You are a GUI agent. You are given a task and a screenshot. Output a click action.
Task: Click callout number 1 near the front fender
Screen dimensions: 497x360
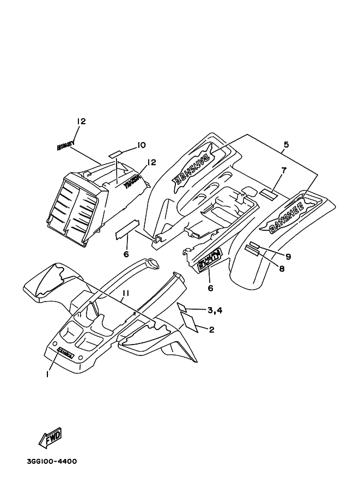tap(48, 374)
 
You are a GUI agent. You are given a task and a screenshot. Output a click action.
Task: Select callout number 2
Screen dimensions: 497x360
tap(212, 329)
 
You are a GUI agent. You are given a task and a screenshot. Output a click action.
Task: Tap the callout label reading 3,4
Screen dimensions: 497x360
tap(215, 310)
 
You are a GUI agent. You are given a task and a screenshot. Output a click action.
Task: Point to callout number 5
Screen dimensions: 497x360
tap(286, 145)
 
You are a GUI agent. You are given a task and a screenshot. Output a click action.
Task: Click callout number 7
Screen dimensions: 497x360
tap(284, 170)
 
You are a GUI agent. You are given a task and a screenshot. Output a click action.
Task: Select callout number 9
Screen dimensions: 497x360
tap(288, 256)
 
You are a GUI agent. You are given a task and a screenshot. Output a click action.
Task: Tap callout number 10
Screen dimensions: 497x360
tap(141, 145)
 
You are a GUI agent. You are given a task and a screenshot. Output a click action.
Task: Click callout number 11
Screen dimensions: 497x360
tap(125, 294)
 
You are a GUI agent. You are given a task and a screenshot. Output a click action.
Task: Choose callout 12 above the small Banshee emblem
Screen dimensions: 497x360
tap(81, 122)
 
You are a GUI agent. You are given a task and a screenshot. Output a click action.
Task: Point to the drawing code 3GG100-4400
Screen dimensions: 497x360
tap(51, 462)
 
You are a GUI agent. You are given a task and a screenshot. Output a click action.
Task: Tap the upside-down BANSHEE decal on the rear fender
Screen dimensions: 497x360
tap(193, 169)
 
